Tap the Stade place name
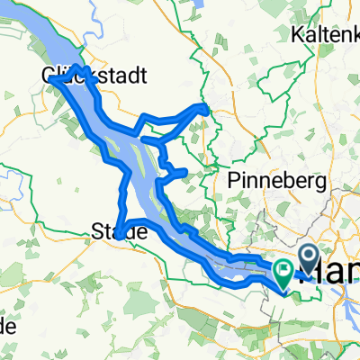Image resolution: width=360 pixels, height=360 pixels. tap(120, 232)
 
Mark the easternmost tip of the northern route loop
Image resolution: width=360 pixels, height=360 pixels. tap(208, 109)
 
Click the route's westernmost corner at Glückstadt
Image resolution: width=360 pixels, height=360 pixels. tap(50, 77)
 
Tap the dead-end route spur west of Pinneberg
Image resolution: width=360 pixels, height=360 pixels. tap(184, 170)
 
